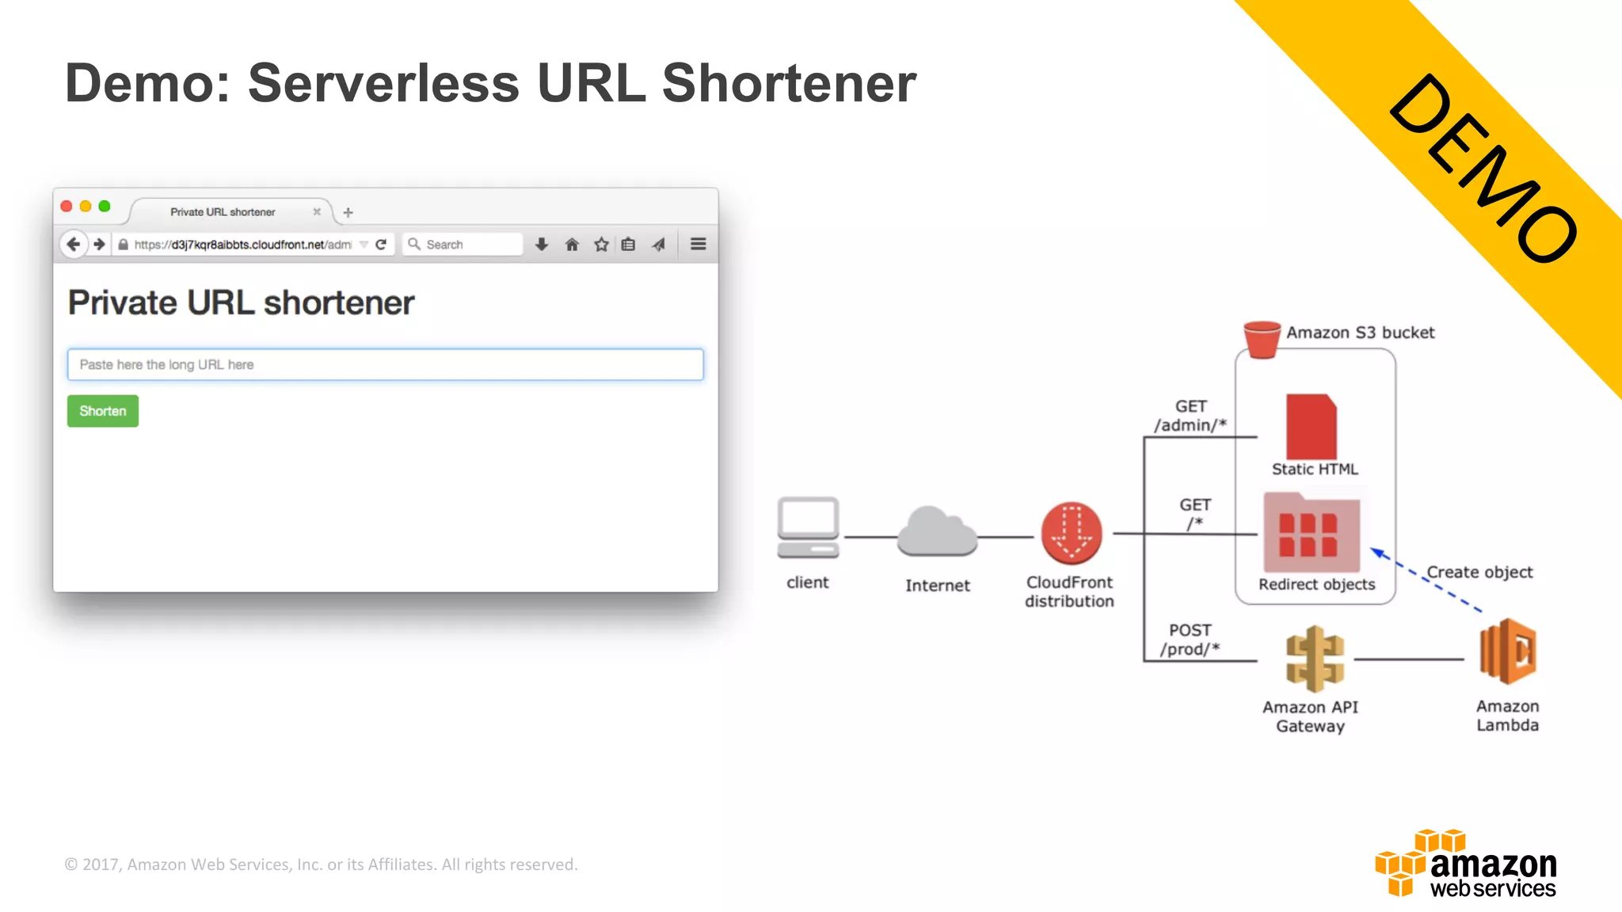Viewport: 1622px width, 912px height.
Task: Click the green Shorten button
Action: [102, 411]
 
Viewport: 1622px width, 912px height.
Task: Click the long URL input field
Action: [385, 365]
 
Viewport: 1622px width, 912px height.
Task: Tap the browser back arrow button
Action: [74, 244]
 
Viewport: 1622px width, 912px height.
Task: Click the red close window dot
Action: [67, 207]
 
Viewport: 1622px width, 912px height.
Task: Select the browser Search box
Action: [463, 245]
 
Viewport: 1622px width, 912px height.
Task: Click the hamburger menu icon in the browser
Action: [698, 244]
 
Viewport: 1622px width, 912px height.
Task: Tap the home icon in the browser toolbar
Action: [572, 245]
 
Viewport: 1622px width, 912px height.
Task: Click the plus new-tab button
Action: [348, 212]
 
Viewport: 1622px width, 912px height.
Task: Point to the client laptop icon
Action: [808, 528]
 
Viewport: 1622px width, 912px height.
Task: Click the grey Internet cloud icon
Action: [937, 531]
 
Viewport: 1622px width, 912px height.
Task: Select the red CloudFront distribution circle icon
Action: [1071, 533]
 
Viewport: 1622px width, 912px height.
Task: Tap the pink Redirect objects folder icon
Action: [1312, 532]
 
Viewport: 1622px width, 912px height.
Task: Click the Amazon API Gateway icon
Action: [1314, 659]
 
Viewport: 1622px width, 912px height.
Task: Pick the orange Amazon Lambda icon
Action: [1508, 652]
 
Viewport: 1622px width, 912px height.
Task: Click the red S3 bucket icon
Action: [1262, 339]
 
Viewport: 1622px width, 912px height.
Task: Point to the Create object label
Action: [1479, 572]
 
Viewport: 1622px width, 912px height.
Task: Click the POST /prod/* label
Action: [1190, 640]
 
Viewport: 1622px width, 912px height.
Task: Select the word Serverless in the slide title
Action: [383, 83]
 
